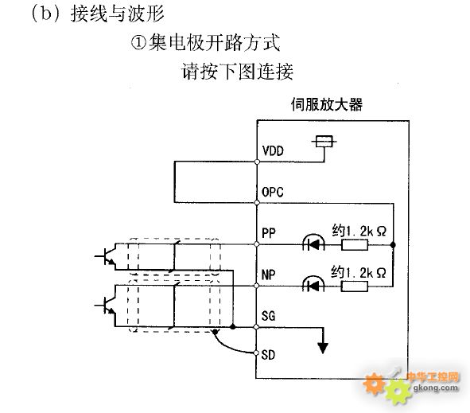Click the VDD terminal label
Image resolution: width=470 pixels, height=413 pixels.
pos(273,151)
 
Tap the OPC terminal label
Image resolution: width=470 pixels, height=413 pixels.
pos(273,192)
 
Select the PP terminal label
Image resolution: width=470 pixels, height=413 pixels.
pos(269,233)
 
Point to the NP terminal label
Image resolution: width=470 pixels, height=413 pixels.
pos(269,275)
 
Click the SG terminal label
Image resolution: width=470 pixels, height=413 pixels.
pos(268,316)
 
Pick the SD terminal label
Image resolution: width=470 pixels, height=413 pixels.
pos(268,355)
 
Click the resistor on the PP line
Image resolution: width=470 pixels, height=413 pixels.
pos(355,245)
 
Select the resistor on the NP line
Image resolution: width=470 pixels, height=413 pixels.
pos(355,286)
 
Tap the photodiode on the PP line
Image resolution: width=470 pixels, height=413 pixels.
pos(313,243)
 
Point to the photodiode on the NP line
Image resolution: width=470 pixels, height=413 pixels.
pos(313,284)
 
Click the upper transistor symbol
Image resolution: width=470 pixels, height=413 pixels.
pos(106,256)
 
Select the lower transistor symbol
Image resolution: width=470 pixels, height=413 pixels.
pos(106,306)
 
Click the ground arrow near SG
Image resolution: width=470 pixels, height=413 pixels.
pos(323,348)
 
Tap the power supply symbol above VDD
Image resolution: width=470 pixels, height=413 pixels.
pos(324,142)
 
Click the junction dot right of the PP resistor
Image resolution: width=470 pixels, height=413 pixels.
pos(393,245)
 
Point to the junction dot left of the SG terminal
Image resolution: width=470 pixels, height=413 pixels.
pos(232,326)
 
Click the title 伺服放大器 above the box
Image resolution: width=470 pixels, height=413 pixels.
pos(327,105)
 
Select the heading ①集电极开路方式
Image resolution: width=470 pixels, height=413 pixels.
pos(206,43)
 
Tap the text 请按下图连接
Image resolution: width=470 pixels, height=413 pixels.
pos(238,72)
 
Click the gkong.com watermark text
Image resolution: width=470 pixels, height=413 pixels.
pos(436,388)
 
